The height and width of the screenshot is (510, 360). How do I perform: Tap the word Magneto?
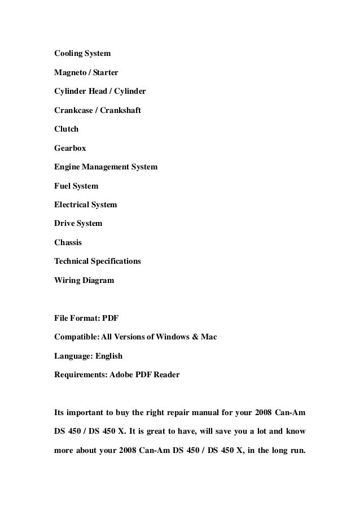click(x=70, y=73)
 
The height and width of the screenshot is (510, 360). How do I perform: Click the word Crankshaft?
click(x=121, y=110)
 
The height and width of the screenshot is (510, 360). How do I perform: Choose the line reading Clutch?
click(x=66, y=129)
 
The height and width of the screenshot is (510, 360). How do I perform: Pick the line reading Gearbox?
click(x=70, y=148)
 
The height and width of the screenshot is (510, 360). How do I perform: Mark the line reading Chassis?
click(x=68, y=242)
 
